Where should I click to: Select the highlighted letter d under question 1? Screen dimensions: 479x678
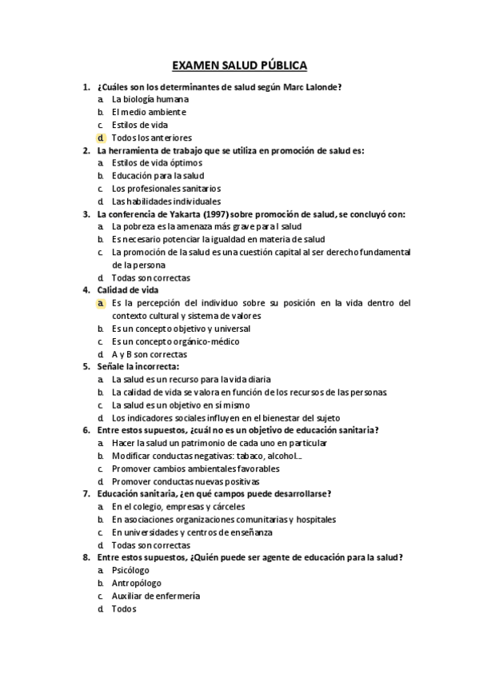pyautogui.click(x=102, y=138)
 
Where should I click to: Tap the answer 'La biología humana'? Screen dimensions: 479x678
pyautogui.click(x=150, y=99)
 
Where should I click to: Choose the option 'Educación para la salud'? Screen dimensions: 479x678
pyautogui.click(x=158, y=175)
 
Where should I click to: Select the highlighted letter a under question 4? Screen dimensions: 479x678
pyautogui.click(x=102, y=303)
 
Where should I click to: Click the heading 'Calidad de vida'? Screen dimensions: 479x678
pyautogui.click(x=127, y=290)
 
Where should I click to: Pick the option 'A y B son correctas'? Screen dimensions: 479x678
pyautogui.click(x=150, y=353)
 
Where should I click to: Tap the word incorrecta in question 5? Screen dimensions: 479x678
pyautogui.click(x=155, y=366)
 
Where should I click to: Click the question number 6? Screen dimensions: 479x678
pyautogui.click(x=86, y=430)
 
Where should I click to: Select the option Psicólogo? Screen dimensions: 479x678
pyautogui.click(x=133, y=570)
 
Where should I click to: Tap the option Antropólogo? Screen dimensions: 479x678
pyautogui.click(x=137, y=583)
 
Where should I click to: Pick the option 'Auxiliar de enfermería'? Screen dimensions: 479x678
pyautogui.click(x=156, y=596)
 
